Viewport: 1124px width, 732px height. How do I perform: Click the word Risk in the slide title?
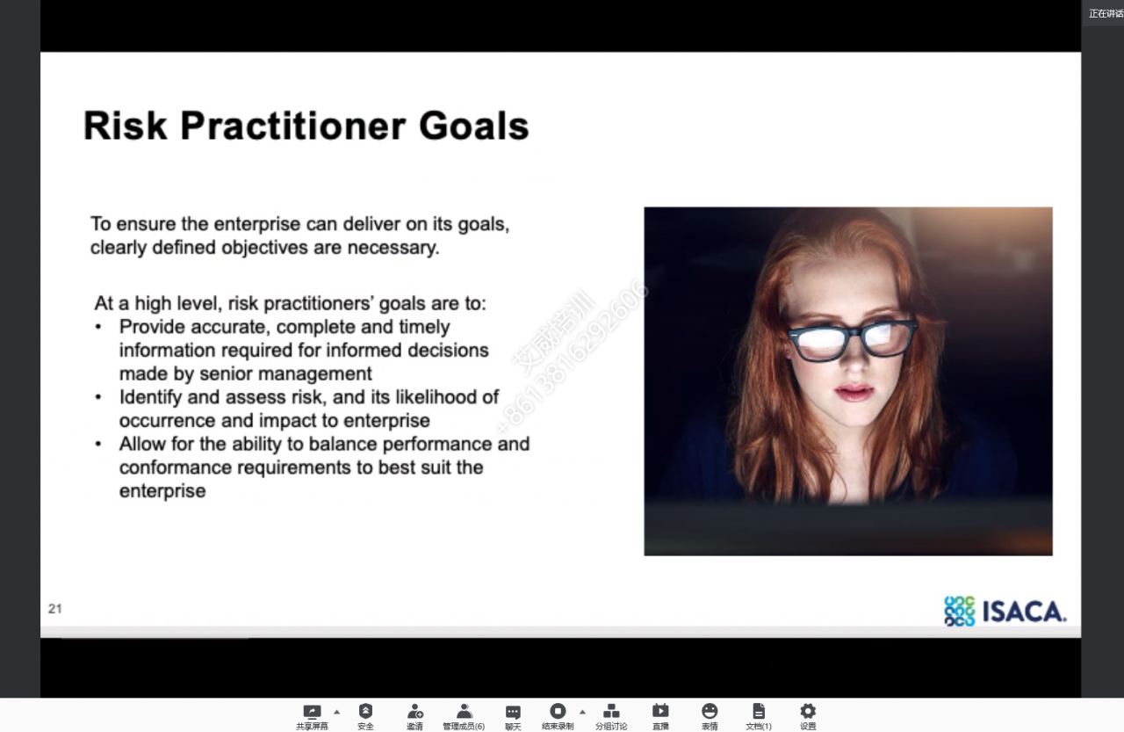[x=125, y=126]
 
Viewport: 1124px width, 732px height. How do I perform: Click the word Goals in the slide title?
[x=473, y=126]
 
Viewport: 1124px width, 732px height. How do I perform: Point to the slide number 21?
[x=54, y=608]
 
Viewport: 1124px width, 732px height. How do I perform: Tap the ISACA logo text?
[x=1024, y=612]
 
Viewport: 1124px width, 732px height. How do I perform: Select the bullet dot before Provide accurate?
[x=98, y=328]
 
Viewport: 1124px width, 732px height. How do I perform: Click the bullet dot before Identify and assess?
[x=98, y=397]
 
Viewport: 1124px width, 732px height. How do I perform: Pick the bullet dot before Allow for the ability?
[x=98, y=445]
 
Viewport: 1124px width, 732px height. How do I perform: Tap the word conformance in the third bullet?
[x=176, y=467]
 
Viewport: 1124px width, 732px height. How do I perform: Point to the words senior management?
[x=285, y=374]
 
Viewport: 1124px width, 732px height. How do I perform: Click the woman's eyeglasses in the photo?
[x=852, y=339]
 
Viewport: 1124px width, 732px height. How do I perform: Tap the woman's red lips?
[x=854, y=391]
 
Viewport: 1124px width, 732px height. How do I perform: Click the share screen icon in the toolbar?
[x=312, y=712]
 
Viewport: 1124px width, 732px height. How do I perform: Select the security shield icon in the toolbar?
[x=365, y=711]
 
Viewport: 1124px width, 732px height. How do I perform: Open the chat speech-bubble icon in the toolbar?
[x=513, y=712]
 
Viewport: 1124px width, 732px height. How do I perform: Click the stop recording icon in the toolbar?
[x=558, y=711]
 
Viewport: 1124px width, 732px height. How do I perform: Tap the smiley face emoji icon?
[x=710, y=711]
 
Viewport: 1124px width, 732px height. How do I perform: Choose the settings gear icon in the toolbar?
[x=807, y=711]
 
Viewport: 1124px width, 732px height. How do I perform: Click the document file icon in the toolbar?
[x=759, y=711]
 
